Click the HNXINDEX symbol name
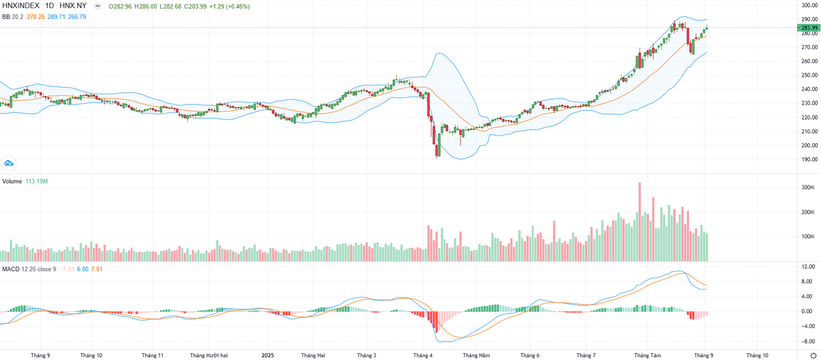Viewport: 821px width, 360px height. [21, 5]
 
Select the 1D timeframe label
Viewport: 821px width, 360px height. [49, 5]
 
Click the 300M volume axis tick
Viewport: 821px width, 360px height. [807, 188]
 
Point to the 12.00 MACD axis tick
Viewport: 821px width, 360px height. [807, 267]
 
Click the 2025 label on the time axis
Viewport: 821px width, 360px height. [268, 355]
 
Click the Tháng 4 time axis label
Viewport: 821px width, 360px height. [423, 355]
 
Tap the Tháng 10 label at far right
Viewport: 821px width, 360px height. [757, 355]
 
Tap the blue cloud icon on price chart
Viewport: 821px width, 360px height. [9, 163]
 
